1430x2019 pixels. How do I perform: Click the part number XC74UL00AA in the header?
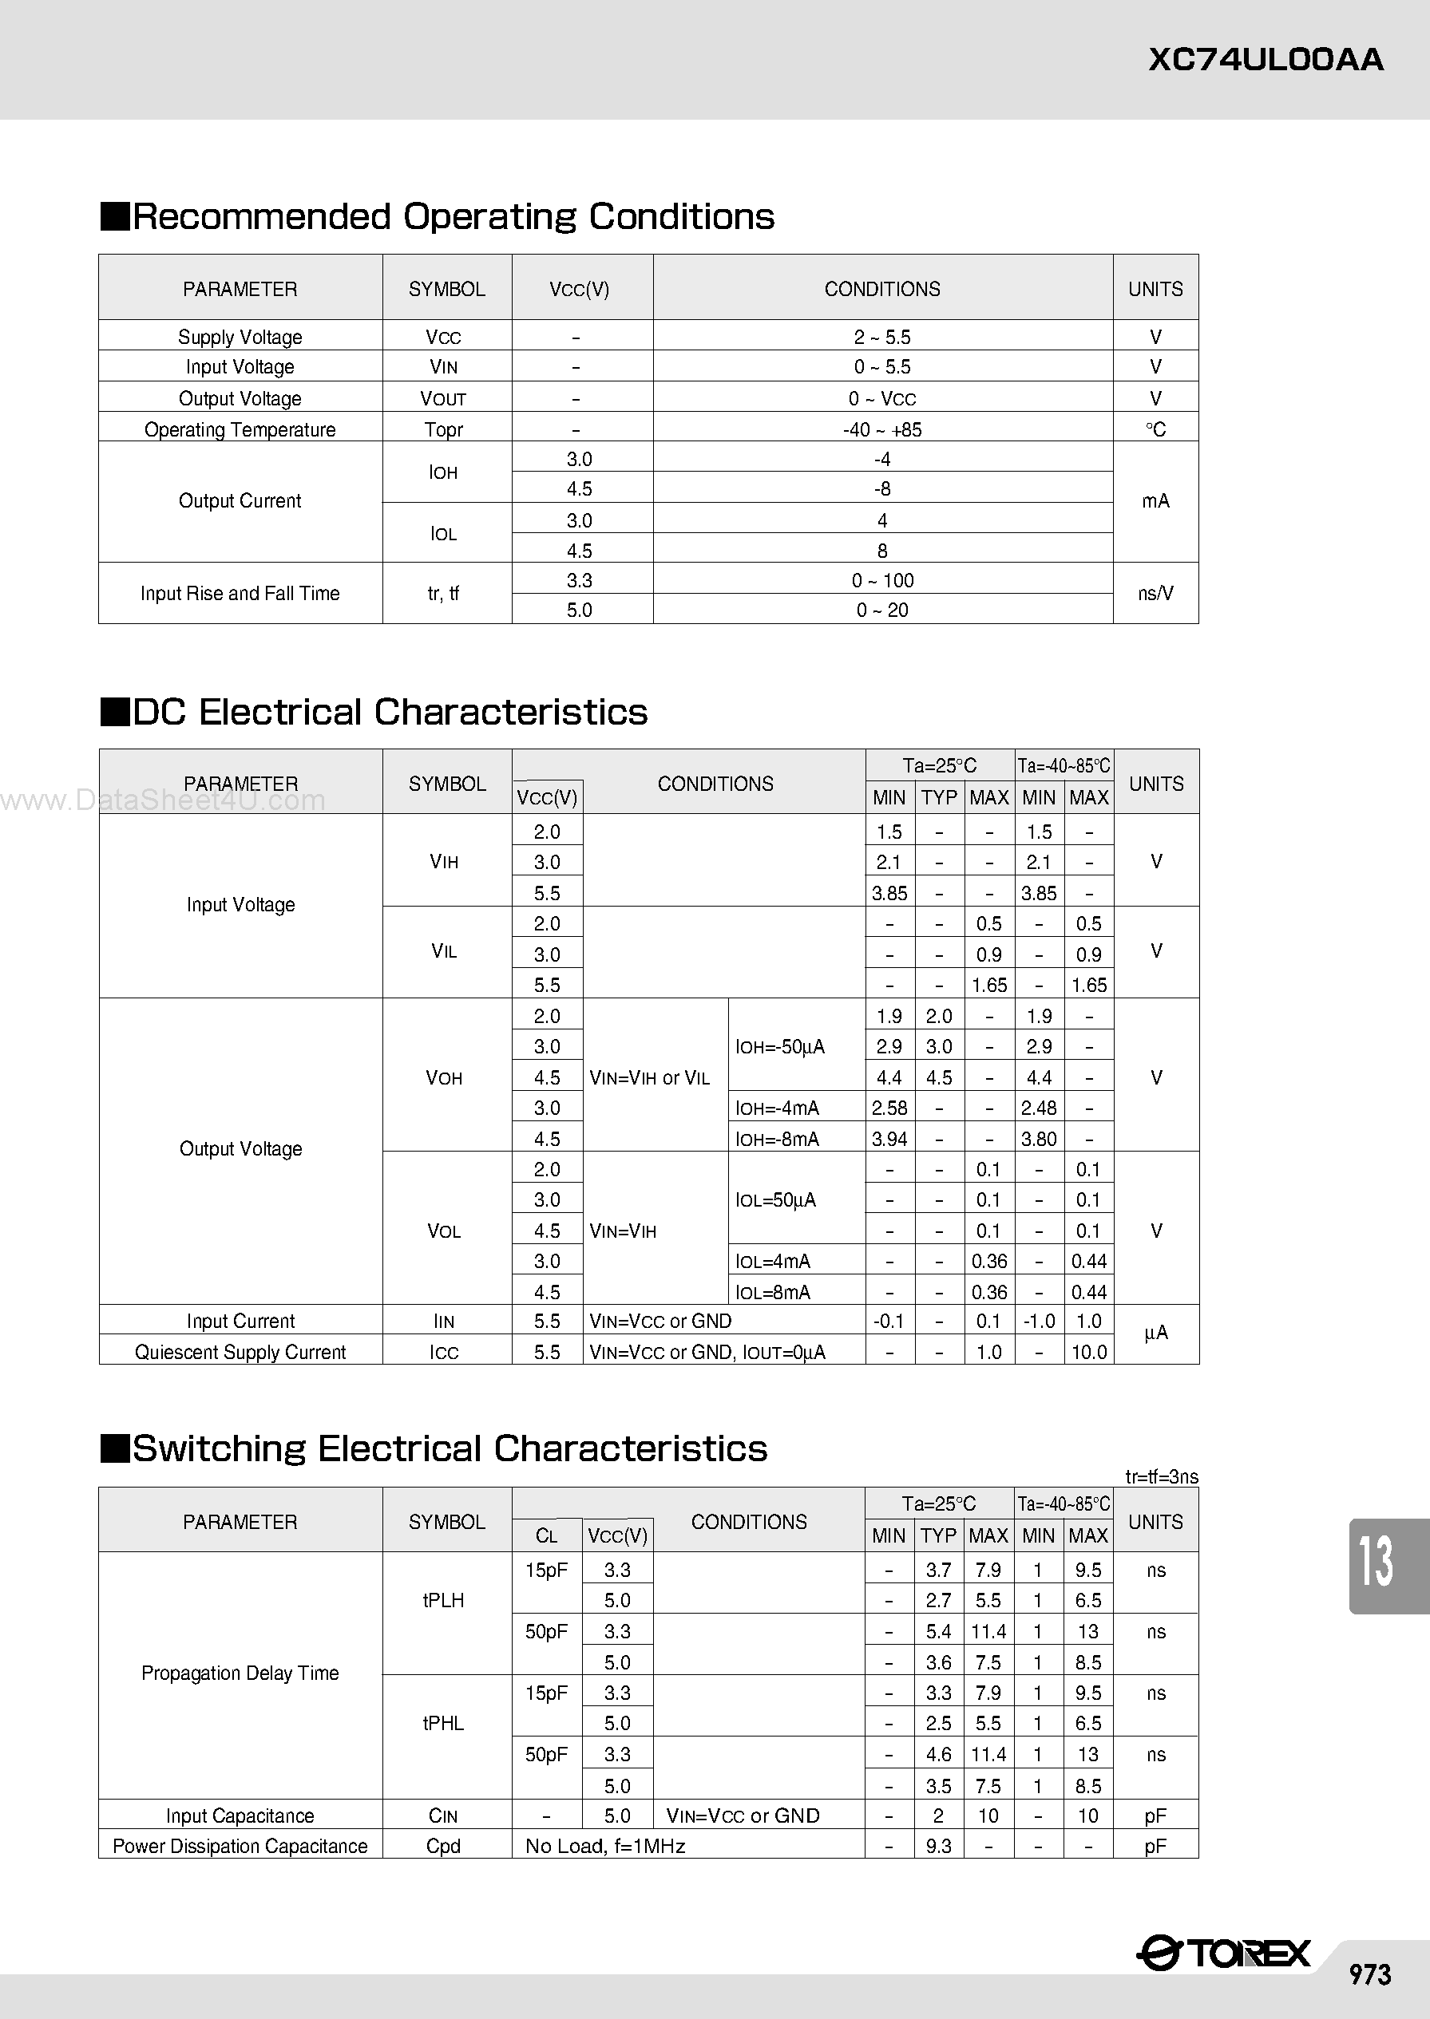coord(1266,60)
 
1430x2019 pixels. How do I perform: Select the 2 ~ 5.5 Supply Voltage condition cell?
coord(882,337)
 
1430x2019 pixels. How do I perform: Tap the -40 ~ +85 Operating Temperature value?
coord(882,429)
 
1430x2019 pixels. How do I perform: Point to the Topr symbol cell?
coord(444,429)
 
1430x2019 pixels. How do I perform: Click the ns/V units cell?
coord(1155,593)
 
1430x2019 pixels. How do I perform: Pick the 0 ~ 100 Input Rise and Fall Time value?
coord(882,581)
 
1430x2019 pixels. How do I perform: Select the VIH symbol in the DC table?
coord(444,862)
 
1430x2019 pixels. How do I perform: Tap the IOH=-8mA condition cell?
coord(778,1139)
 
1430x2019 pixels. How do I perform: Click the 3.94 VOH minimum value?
coord(889,1139)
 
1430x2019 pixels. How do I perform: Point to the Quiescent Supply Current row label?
coord(240,1352)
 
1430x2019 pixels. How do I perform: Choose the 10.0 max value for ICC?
coord(1089,1352)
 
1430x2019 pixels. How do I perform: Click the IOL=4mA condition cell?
coord(773,1261)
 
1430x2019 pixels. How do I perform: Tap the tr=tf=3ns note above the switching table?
coord(1162,1477)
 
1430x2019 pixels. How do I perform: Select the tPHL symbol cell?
coord(443,1723)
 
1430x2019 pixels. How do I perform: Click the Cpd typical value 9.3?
coord(939,1846)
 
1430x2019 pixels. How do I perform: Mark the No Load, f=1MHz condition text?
coord(605,1846)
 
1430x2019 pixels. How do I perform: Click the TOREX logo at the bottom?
coord(1224,1954)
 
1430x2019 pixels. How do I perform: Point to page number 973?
coord(1370,1974)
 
